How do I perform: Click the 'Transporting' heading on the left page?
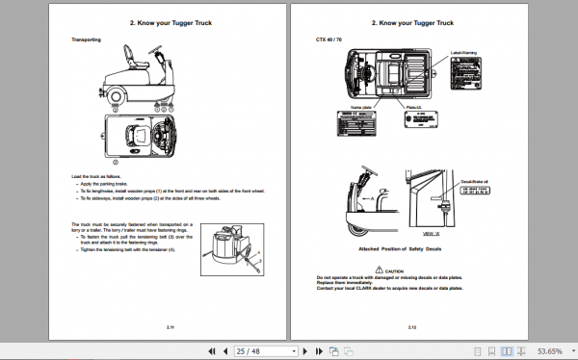pos(91,39)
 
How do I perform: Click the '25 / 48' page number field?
pos(249,350)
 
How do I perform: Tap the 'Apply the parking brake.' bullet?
pos(104,182)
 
